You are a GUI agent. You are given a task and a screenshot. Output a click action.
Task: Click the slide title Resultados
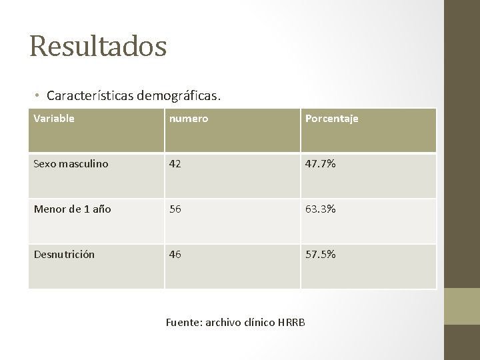click(x=98, y=47)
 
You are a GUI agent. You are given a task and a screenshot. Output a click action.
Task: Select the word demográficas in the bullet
click(x=178, y=96)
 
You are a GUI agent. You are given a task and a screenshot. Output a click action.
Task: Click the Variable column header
click(x=54, y=119)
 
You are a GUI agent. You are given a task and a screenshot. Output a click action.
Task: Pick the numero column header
click(x=189, y=119)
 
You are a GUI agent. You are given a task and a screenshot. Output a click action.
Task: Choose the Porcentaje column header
click(x=331, y=119)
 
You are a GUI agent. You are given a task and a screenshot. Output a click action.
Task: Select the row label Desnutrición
click(x=64, y=255)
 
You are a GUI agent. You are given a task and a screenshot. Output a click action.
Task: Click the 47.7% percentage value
click(x=321, y=164)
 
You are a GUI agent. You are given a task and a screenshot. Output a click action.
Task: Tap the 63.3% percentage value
click(x=321, y=209)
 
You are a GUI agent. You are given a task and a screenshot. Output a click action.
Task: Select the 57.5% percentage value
click(x=321, y=255)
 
